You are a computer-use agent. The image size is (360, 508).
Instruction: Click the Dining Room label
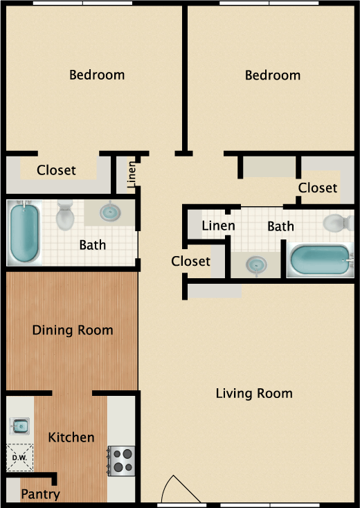point(73,330)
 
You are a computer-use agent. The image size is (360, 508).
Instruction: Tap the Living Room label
point(254,394)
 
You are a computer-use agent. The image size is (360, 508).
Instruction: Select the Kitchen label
point(71,437)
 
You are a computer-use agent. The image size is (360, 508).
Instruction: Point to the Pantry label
point(40,494)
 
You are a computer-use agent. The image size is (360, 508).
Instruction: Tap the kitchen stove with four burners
point(122,460)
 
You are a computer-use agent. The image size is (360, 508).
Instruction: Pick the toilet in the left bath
point(66,215)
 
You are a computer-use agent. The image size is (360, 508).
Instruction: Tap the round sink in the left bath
point(110,211)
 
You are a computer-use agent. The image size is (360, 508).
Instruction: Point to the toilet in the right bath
point(338,223)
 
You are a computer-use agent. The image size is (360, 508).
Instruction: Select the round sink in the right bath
point(257,264)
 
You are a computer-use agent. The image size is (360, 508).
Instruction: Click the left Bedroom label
point(97,75)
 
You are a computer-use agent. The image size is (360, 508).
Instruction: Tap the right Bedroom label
point(273,75)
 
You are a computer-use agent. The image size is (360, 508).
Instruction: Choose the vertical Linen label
point(132,174)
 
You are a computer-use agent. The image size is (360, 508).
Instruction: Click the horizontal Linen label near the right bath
point(218,226)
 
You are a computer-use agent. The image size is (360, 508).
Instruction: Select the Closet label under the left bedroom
point(56,170)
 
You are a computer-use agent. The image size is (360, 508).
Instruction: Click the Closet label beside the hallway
point(190,261)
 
